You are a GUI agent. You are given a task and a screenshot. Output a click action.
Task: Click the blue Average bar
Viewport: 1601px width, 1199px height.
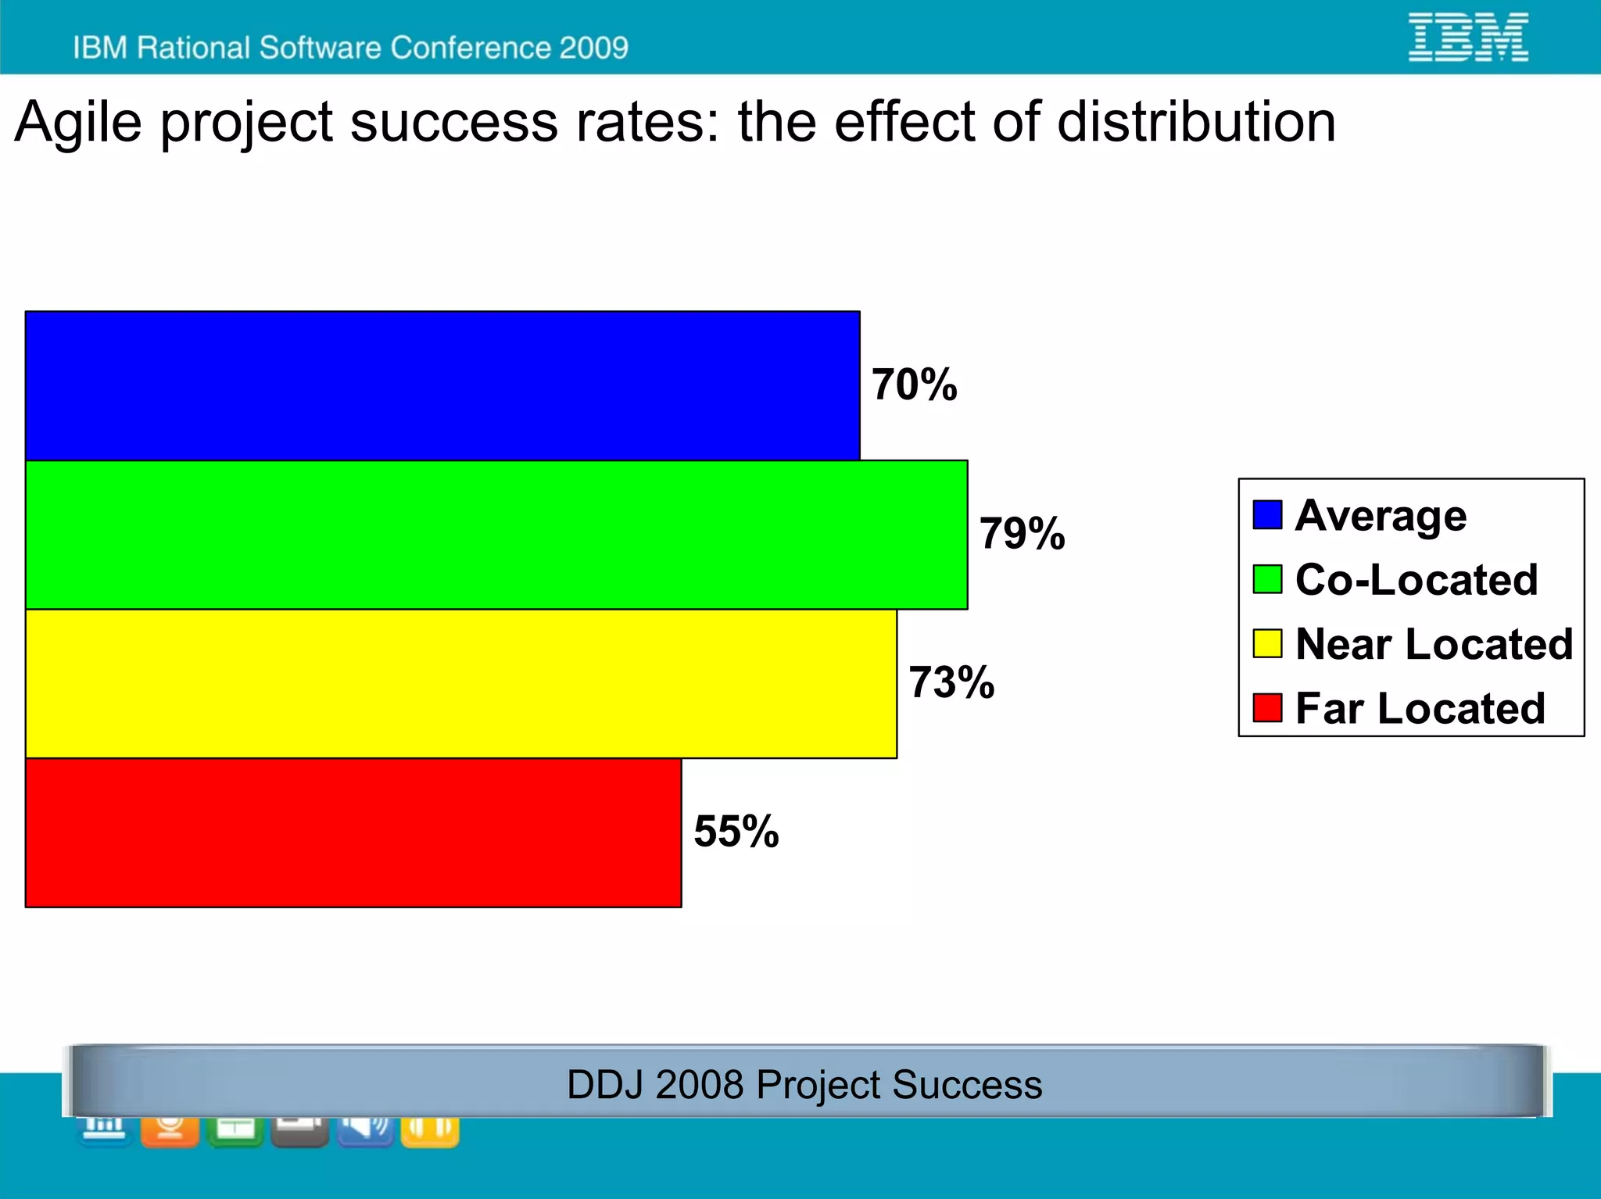tap(442, 385)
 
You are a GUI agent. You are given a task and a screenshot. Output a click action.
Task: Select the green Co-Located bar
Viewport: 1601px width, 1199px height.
tap(496, 535)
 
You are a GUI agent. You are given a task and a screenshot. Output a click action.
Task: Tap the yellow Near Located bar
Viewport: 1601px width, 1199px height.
tap(461, 684)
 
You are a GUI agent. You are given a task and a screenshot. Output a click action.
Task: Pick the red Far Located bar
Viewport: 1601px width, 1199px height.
tap(353, 832)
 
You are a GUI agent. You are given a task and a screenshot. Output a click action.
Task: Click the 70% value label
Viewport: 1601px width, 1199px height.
tap(914, 385)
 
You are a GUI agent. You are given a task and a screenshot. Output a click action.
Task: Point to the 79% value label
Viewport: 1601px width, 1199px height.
tap(1022, 534)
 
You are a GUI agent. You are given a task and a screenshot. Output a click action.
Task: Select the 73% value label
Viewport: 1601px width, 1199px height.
tap(951, 682)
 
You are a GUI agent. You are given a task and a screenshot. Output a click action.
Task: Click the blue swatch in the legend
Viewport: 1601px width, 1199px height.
tap(1267, 515)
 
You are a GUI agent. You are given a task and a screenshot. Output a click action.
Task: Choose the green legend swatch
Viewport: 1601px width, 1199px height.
tap(1267, 579)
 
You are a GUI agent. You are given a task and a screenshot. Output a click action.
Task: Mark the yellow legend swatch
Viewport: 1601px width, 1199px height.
tap(1267, 643)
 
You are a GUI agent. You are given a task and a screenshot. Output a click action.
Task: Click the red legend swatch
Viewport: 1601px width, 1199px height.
tap(1267, 708)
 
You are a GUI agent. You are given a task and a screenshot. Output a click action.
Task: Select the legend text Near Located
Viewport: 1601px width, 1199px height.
tap(1434, 644)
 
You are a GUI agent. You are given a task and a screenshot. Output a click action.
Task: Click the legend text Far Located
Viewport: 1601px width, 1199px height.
tap(1420, 708)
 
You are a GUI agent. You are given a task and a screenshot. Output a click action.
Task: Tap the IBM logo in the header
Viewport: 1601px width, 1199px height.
tap(1468, 37)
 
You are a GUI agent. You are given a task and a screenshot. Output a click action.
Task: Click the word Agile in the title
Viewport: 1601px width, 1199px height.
tap(78, 123)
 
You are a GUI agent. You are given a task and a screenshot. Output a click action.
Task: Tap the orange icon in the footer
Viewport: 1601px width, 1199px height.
tap(170, 1130)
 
